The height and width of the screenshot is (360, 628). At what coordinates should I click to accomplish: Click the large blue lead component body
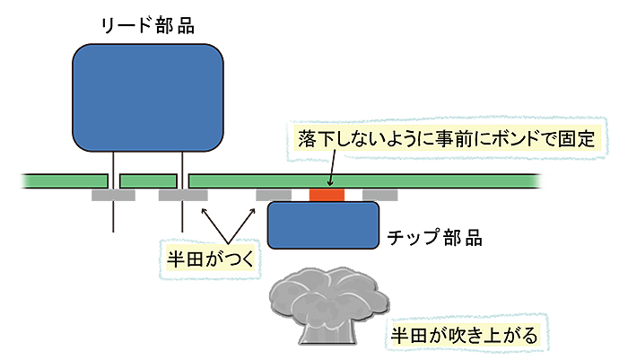(147, 96)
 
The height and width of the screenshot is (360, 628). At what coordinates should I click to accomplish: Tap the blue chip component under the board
(323, 224)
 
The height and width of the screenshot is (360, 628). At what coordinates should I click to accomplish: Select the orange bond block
(327, 194)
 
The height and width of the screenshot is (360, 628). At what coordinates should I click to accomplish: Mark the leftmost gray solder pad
(113, 195)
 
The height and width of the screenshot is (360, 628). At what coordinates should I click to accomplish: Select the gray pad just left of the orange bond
(274, 194)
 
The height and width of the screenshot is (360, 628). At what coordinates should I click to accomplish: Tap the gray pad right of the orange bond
(379, 194)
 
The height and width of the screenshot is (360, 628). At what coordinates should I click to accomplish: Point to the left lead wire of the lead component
(113, 215)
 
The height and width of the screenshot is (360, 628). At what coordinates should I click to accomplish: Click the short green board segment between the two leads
(147, 181)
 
